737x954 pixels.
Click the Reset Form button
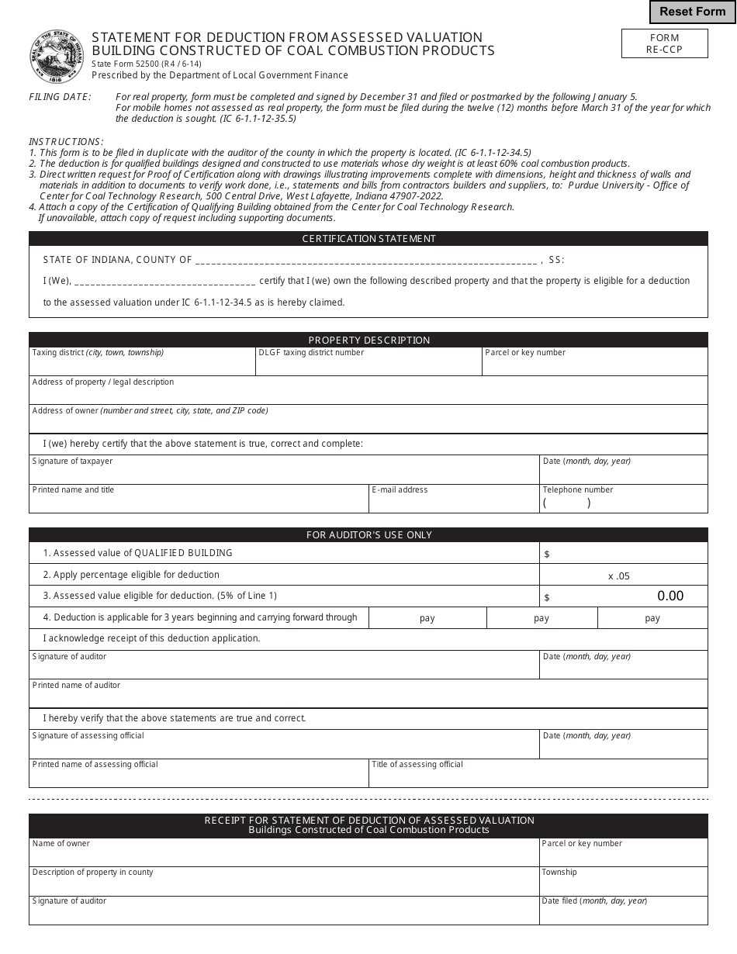click(x=692, y=12)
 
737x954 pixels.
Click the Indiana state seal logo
click(x=57, y=57)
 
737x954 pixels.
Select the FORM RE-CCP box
click(x=663, y=43)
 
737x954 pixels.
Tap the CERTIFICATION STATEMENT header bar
click(x=368, y=239)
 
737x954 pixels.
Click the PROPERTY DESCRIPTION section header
click(x=368, y=340)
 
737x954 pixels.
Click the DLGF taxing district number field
click(x=368, y=365)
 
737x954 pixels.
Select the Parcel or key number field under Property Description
click(x=594, y=365)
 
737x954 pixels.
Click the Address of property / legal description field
click(x=368, y=394)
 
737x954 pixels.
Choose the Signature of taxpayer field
click(x=284, y=473)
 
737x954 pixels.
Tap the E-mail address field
click(x=454, y=503)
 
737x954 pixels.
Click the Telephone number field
click(x=624, y=503)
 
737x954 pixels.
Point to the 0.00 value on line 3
click(x=670, y=596)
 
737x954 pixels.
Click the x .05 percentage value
click(x=619, y=576)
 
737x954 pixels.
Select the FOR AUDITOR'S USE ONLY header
click(x=368, y=534)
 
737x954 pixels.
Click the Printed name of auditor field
click(x=368, y=696)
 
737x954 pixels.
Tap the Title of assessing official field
click(x=538, y=776)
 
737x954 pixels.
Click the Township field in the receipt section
click(x=624, y=884)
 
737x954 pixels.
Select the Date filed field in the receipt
click(x=624, y=914)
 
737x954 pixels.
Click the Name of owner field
click(x=284, y=855)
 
